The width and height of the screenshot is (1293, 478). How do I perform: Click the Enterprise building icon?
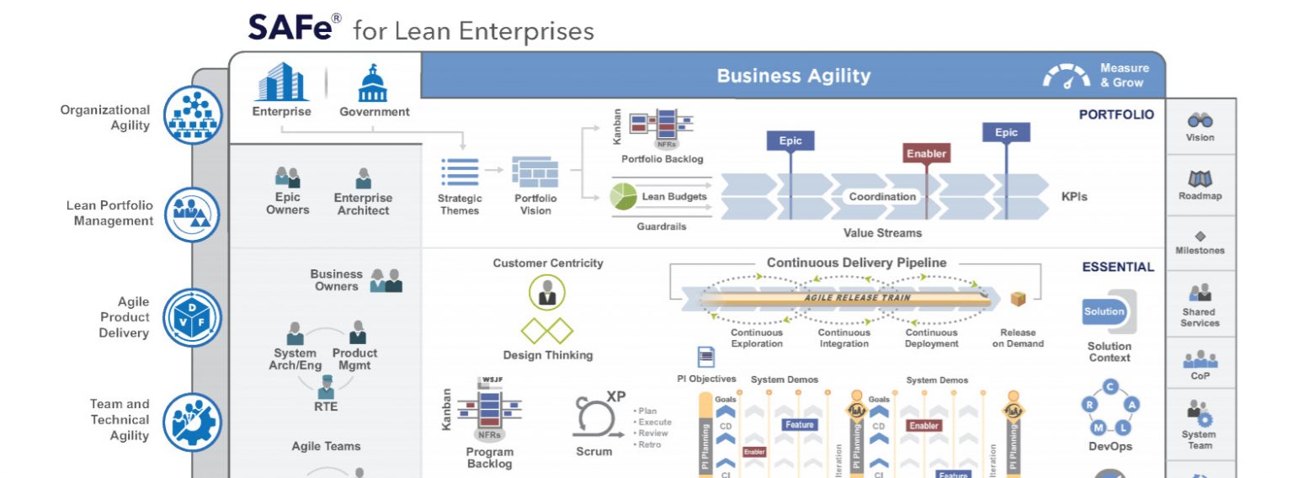click(282, 82)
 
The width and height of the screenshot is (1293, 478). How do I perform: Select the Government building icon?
click(374, 82)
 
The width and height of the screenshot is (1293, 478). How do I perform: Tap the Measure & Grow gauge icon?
click(1067, 77)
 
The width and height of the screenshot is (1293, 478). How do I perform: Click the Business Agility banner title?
click(793, 76)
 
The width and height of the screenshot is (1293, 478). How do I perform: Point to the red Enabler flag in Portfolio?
click(926, 154)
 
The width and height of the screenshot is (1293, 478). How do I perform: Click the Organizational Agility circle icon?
click(193, 116)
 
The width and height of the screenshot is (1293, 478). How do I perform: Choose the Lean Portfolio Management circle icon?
click(193, 215)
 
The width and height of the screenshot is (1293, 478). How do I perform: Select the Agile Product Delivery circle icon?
click(193, 317)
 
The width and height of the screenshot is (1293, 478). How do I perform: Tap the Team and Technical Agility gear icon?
click(193, 420)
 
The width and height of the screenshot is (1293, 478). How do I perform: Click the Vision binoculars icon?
click(1200, 121)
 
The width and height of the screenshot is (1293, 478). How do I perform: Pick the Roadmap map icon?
click(1200, 179)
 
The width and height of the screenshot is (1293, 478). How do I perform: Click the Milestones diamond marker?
click(1200, 236)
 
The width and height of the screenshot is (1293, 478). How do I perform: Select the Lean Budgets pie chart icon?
click(623, 197)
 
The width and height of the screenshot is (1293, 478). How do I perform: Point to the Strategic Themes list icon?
click(460, 173)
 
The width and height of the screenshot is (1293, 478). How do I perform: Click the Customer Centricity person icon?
click(547, 292)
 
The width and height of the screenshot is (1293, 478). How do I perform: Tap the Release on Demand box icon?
click(1018, 300)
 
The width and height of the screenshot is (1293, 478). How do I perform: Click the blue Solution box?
click(1104, 311)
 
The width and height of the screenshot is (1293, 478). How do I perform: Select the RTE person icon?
click(326, 387)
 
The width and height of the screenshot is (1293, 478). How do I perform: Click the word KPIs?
click(1074, 197)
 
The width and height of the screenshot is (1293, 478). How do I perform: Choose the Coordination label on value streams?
click(882, 197)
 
